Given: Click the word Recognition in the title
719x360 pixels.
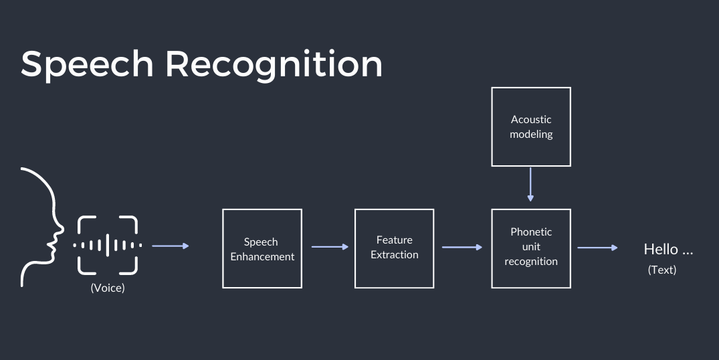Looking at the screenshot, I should (274, 65).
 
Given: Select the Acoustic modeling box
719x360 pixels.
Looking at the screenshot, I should (531, 126).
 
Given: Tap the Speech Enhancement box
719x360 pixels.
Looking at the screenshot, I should (262, 248).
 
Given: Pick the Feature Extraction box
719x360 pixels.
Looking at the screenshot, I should (395, 248).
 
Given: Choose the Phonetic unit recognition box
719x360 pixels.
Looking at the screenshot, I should (531, 248).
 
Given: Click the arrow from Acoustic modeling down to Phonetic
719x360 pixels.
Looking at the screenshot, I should (531, 184).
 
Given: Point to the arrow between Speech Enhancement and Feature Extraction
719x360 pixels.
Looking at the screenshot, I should (330, 247).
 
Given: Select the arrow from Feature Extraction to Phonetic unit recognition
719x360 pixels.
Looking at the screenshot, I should (462, 247).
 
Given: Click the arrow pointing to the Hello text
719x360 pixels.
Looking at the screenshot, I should (597, 248).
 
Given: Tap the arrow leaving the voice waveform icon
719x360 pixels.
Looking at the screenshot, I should (171, 246).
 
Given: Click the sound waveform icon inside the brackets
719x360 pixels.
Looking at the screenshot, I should (108, 246).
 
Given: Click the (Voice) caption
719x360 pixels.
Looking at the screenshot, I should (108, 288).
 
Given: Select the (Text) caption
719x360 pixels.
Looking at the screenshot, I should (662, 270).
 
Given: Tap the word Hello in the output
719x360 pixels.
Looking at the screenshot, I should (661, 250).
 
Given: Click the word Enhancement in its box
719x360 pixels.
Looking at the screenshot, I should (262, 256).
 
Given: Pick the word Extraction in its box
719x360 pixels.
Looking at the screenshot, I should (395, 255).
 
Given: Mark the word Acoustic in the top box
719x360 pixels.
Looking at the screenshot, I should (531, 120).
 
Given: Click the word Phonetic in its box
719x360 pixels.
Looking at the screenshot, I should (531, 232).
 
